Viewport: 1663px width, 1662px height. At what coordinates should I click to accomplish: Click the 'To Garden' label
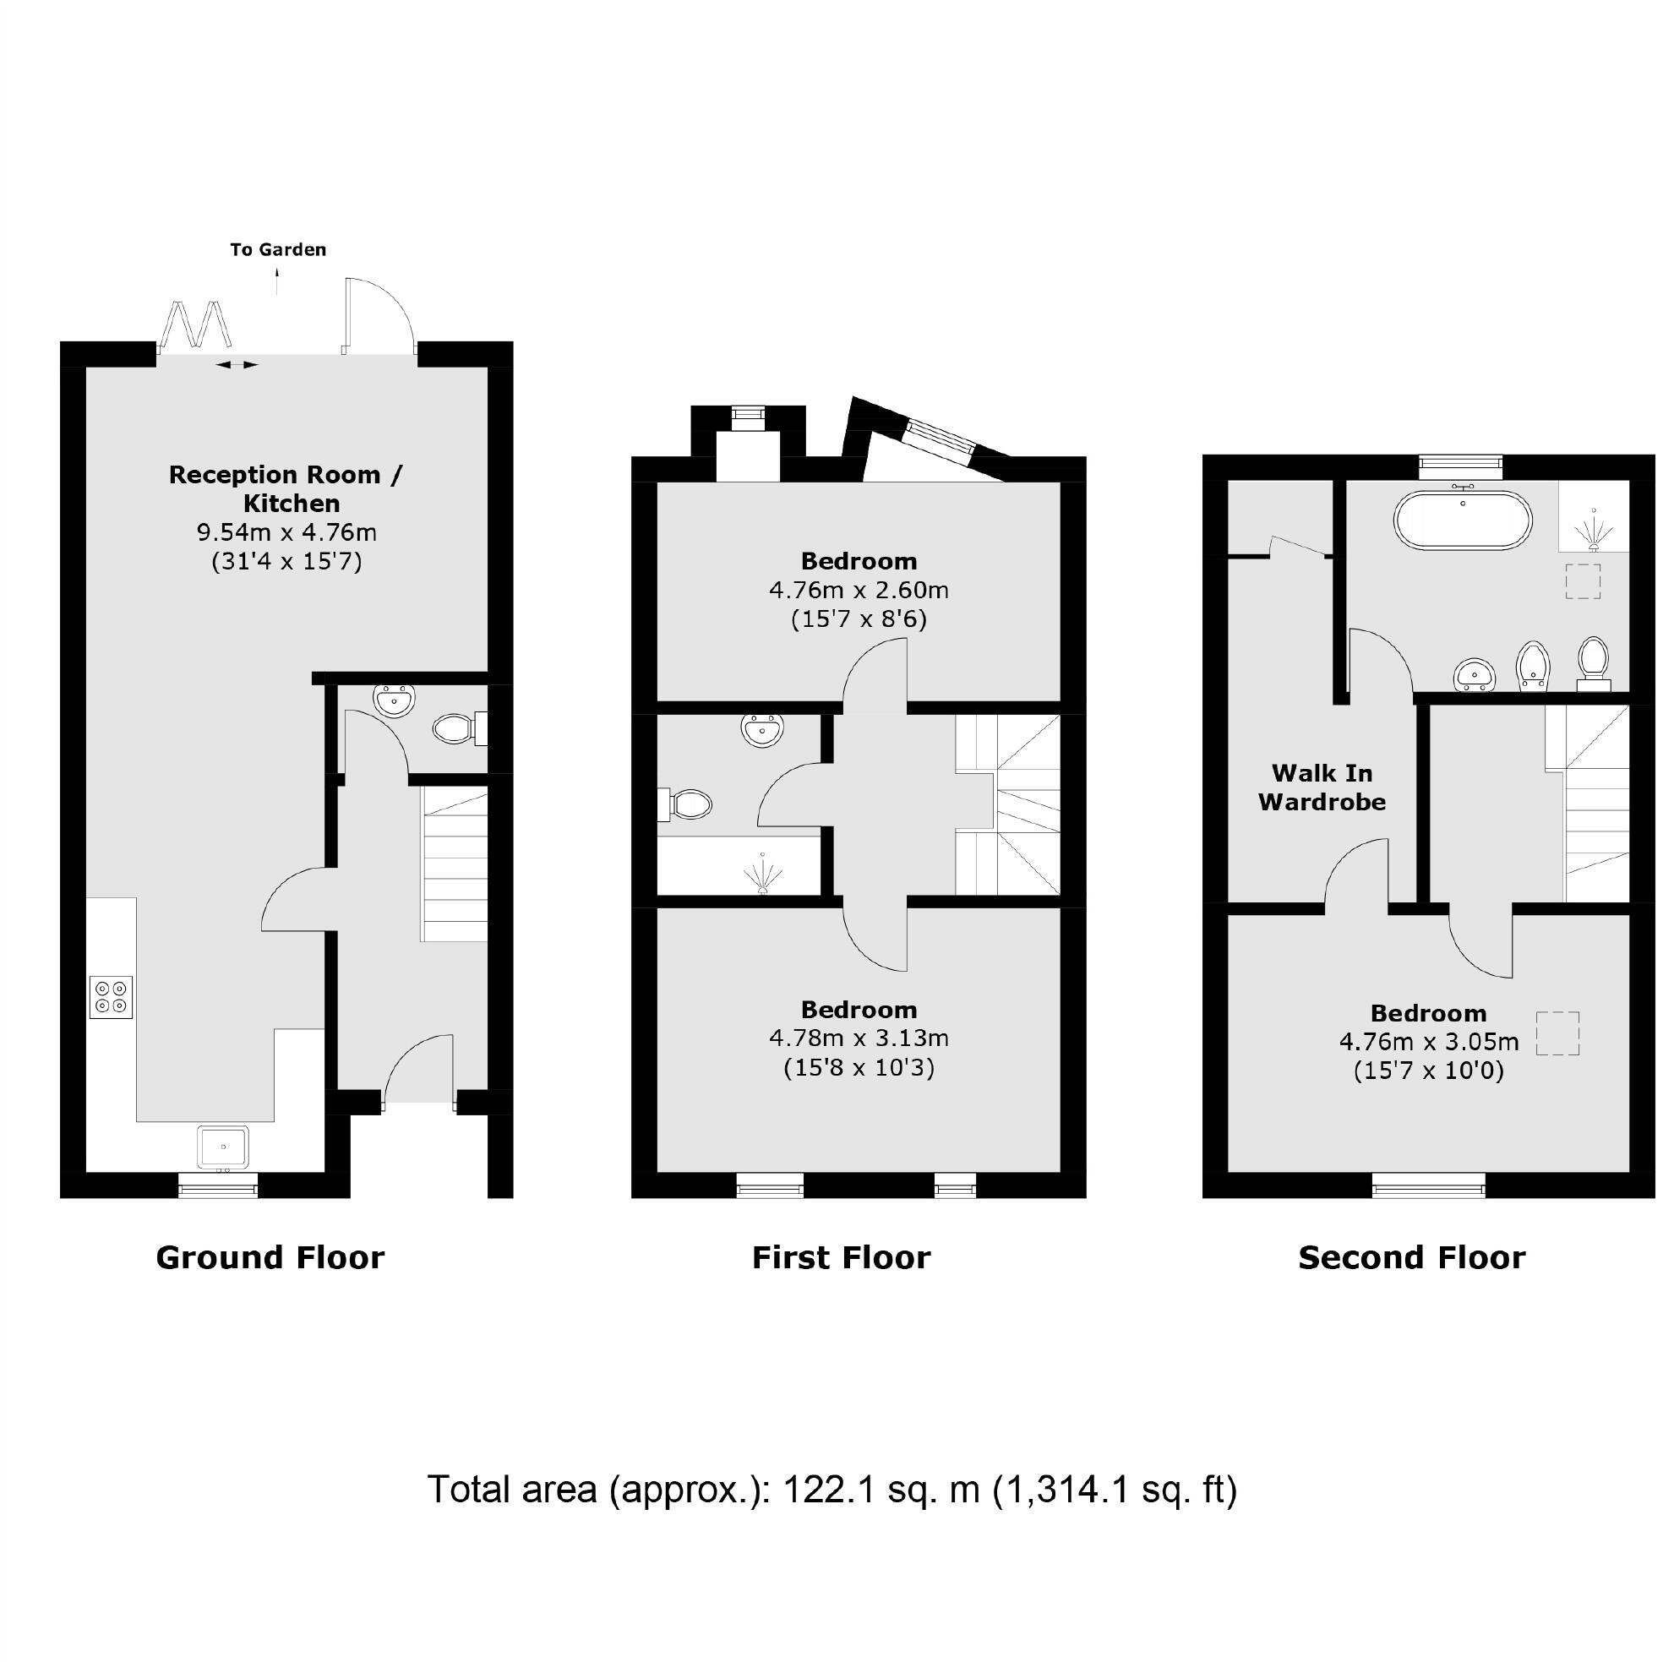pyautogui.click(x=278, y=249)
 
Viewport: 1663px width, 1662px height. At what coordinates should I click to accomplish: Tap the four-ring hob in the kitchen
pyautogui.click(x=111, y=997)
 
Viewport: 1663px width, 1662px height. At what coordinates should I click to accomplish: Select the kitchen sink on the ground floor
pyautogui.click(x=223, y=1147)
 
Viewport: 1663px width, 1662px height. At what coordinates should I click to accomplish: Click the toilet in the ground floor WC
pyautogui.click(x=454, y=729)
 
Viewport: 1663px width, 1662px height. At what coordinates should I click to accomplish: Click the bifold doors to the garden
pyautogui.click(x=197, y=324)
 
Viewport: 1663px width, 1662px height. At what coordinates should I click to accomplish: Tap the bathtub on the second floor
pyautogui.click(x=1463, y=520)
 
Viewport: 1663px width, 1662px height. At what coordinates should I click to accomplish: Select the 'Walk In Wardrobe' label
pyautogui.click(x=1322, y=787)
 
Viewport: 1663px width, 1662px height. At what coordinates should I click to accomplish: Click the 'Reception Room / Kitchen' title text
pyautogui.click(x=286, y=488)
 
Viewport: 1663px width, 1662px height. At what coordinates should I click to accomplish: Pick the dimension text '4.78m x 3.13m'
pyautogui.click(x=859, y=1038)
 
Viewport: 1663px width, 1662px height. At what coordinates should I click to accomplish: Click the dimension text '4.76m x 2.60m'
pyautogui.click(x=859, y=591)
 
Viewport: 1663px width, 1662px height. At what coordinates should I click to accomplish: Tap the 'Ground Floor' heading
pyautogui.click(x=270, y=1257)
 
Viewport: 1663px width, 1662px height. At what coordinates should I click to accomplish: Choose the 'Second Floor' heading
pyautogui.click(x=1411, y=1257)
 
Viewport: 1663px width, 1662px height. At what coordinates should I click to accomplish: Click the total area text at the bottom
pyautogui.click(x=831, y=1489)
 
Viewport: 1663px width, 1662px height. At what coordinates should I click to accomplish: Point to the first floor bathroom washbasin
pyautogui.click(x=761, y=730)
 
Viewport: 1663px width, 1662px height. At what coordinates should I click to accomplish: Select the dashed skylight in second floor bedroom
pyautogui.click(x=1557, y=1033)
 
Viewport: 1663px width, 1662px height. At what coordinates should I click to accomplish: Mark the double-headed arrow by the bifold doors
pyautogui.click(x=236, y=365)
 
